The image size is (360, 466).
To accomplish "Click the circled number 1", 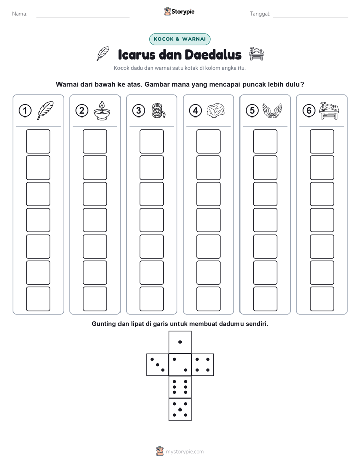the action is (x=25, y=111).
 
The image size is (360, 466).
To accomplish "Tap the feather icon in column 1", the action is (x=45, y=110).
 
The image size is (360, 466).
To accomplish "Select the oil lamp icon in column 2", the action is (x=102, y=110).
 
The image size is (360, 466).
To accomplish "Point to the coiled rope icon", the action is (x=158, y=110).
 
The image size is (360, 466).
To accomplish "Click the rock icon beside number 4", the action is (x=216, y=110).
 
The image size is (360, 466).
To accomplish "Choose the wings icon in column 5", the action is (x=272, y=110).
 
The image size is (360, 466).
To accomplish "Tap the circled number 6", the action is (x=309, y=111).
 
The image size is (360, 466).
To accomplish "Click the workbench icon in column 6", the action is (x=329, y=110).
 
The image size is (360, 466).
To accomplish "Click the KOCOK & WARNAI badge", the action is (x=179, y=39).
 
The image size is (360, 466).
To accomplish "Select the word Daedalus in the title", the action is (x=213, y=54).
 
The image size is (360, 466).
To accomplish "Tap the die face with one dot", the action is (x=180, y=342).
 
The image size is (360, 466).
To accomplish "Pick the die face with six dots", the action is (x=180, y=387).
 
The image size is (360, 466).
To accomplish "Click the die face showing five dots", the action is (x=180, y=410).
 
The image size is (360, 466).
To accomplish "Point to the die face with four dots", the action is (x=203, y=365).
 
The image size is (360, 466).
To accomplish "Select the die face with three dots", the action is (x=158, y=365).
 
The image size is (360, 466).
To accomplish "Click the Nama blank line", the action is (x=83, y=17).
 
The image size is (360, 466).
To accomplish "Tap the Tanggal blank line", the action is (x=311, y=17).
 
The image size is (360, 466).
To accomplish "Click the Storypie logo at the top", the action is (x=179, y=12).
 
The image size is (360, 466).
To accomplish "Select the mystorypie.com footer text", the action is (x=185, y=452).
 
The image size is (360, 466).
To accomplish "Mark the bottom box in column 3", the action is (x=151, y=299).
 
